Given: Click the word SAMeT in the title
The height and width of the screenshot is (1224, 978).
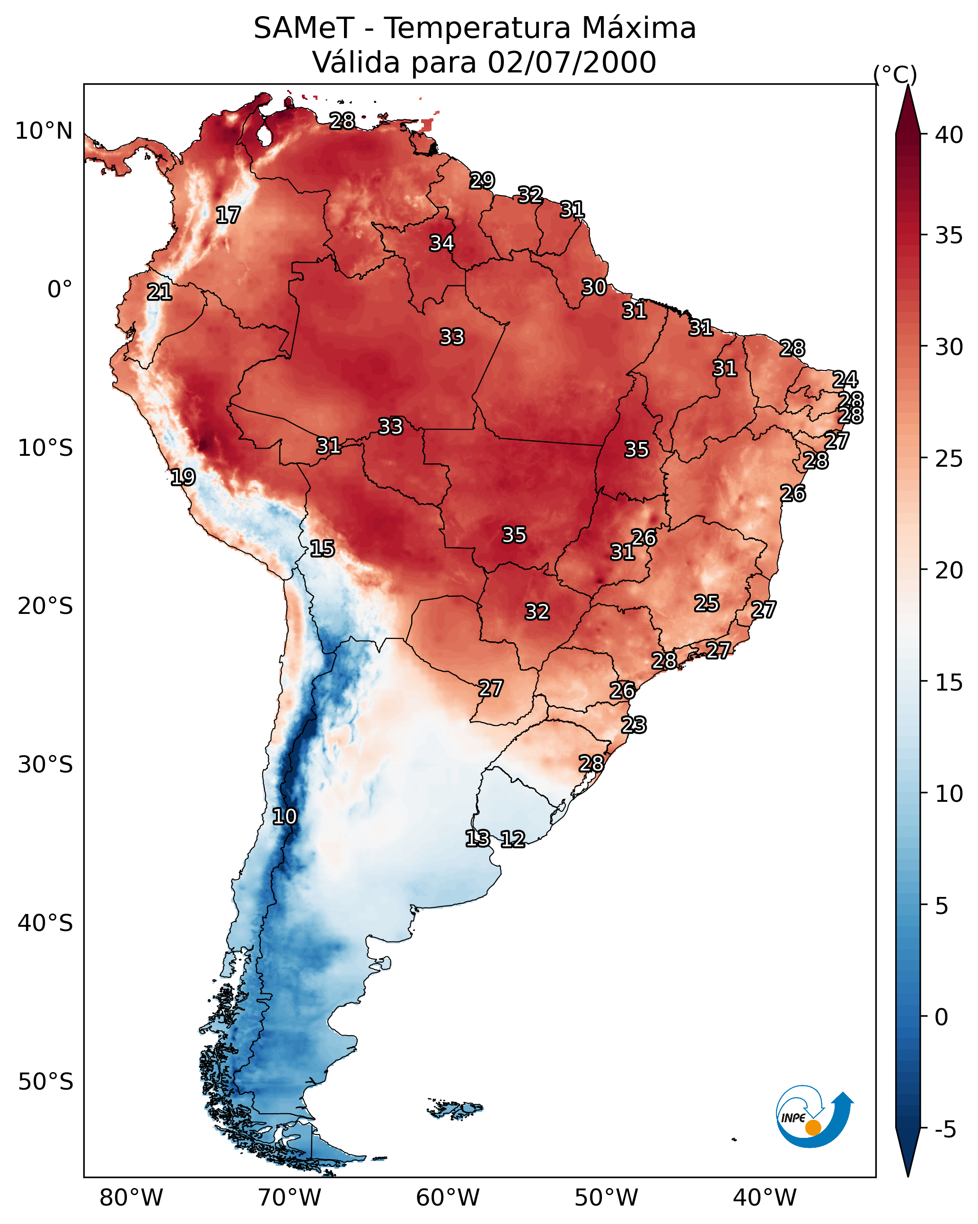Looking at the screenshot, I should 304,28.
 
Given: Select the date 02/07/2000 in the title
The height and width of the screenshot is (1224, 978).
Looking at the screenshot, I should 572,62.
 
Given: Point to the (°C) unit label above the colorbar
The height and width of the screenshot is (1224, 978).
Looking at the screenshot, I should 895,74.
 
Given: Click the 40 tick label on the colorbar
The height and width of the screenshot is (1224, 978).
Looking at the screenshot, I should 949,135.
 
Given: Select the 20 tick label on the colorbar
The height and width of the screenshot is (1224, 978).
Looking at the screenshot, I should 949,570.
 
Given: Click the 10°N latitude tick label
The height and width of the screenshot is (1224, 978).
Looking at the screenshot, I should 44,131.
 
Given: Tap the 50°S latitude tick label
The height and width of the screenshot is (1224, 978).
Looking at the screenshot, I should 45,1082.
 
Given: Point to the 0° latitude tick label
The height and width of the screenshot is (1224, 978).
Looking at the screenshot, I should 60,290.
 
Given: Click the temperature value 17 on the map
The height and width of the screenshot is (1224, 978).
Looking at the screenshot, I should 228,215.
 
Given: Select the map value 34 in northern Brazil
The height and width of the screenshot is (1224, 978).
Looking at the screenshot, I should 441,243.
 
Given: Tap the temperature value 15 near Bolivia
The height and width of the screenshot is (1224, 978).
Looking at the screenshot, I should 322,549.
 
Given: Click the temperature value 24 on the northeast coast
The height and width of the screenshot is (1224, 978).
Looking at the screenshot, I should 845,379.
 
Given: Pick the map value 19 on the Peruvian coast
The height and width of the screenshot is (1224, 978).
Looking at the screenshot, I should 183,477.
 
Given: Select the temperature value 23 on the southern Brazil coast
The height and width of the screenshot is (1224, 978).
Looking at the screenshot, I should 634,725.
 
